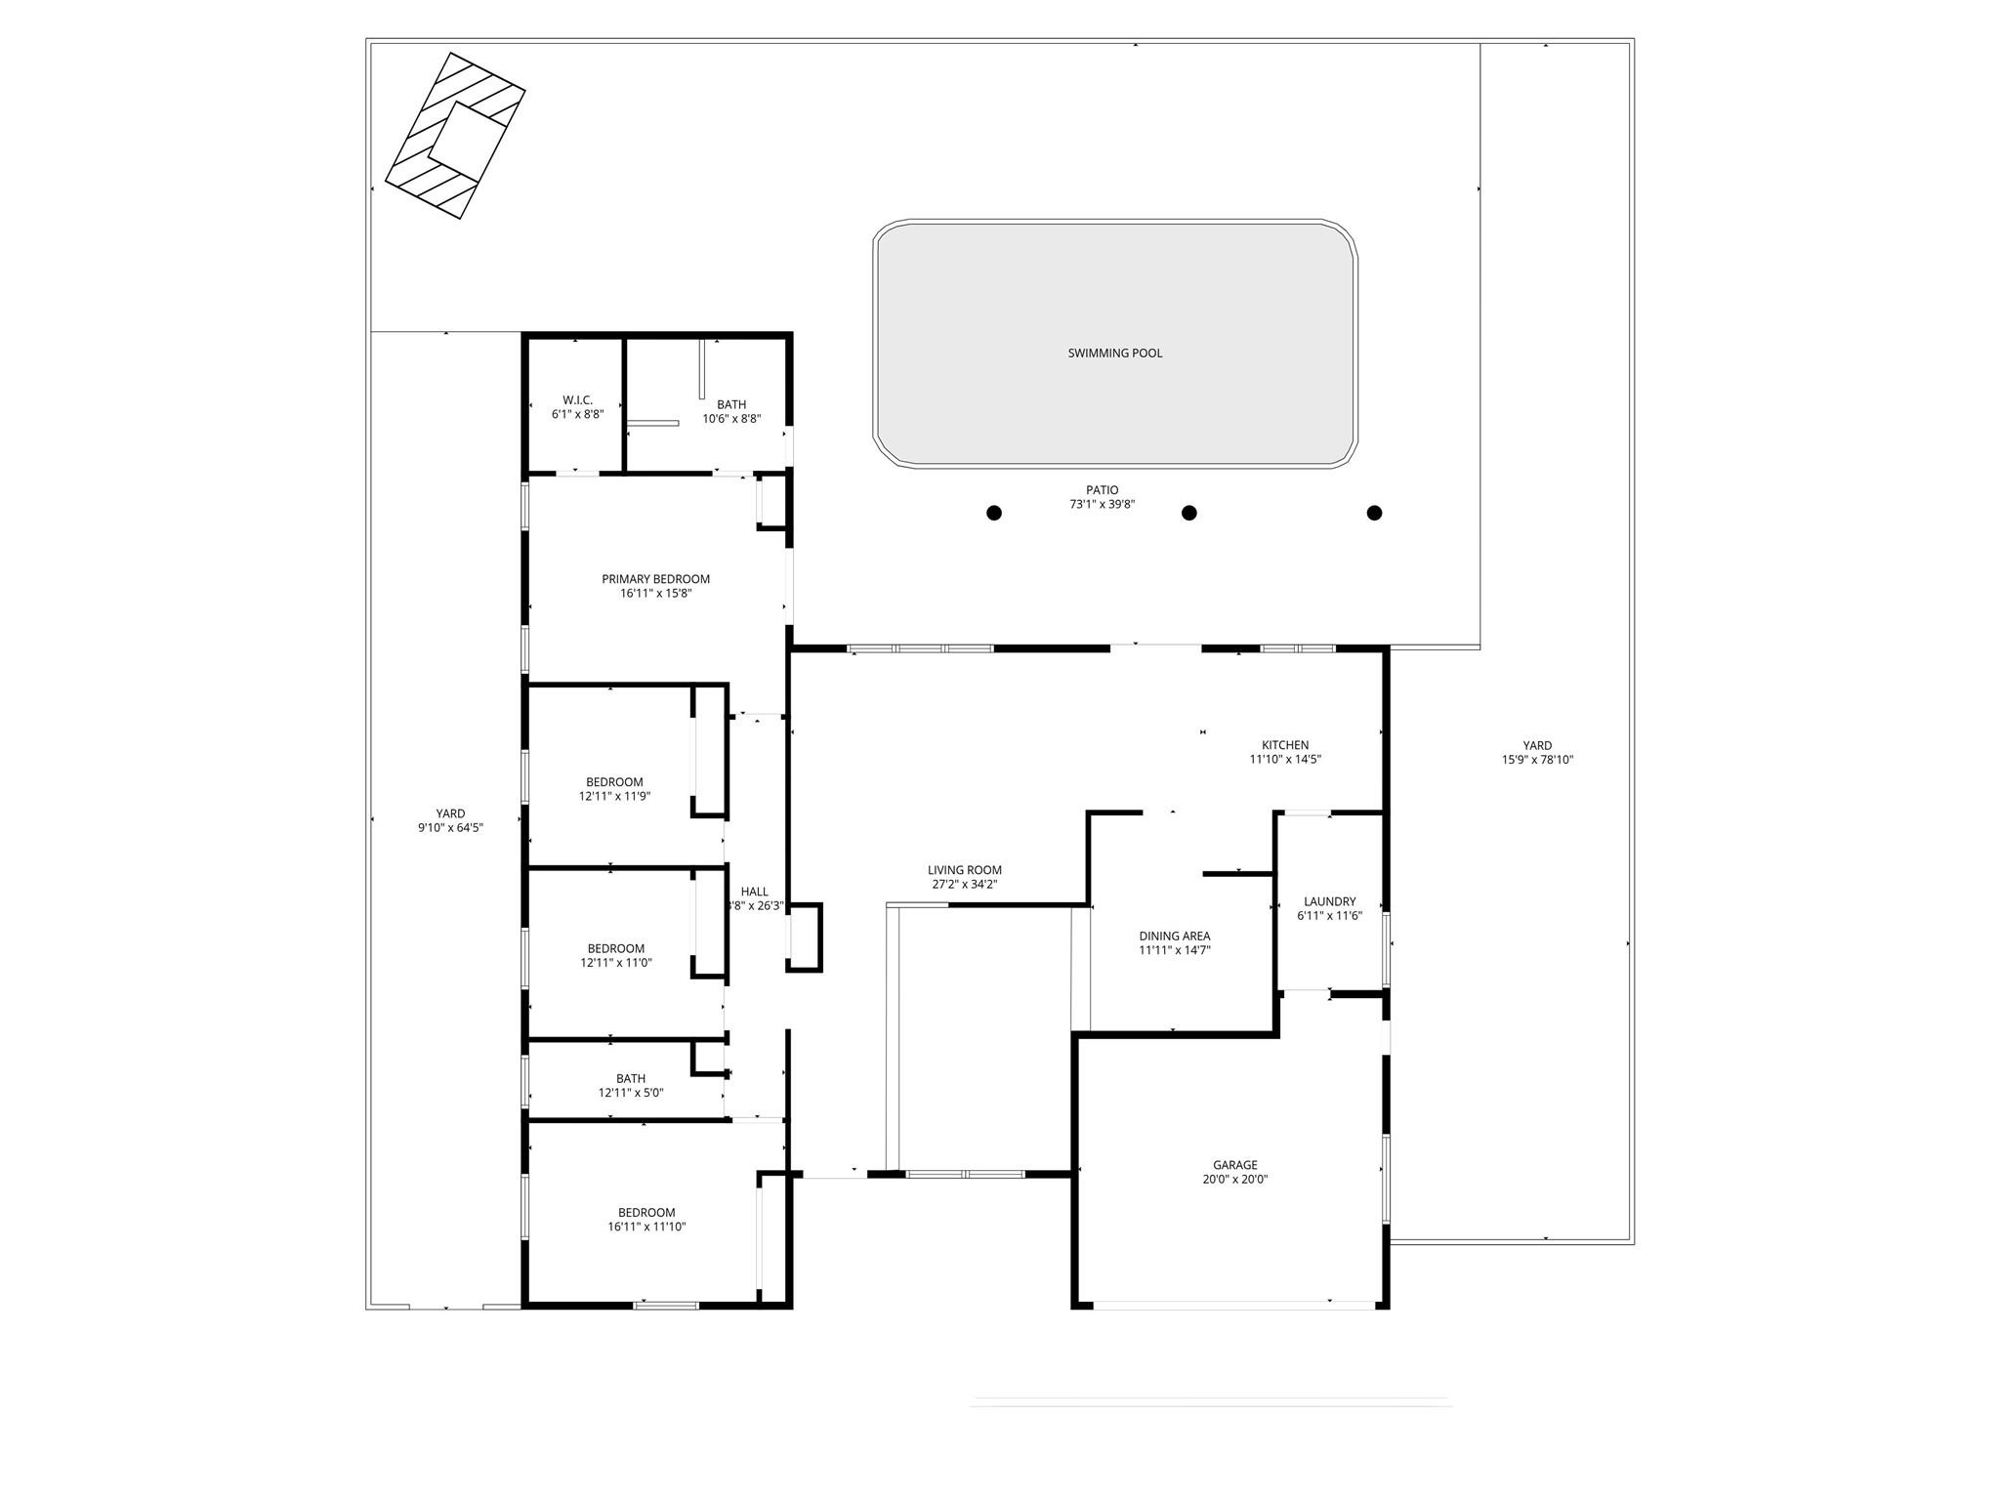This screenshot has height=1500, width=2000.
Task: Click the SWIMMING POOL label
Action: pos(1114,354)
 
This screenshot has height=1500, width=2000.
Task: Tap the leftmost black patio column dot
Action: pos(993,513)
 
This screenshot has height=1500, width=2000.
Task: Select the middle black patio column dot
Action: pos(1188,513)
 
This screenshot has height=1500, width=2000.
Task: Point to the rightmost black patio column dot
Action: pos(1374,513)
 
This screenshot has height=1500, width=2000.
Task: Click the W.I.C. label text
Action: pos(577,400)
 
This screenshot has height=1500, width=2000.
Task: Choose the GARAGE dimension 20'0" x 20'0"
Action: pos(1234,1179)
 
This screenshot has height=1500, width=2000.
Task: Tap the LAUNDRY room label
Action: pos(1329,901)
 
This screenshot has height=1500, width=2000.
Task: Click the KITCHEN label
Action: pos(1284,745)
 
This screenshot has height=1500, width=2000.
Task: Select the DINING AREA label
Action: pos(1174,936)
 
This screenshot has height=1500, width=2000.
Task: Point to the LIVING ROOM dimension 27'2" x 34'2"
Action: pos(964,885)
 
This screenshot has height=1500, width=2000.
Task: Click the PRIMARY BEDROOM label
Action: pos(655,579)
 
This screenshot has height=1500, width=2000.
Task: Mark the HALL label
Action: pos(754,892)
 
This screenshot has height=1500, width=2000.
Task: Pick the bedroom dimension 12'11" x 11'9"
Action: pos(614,796)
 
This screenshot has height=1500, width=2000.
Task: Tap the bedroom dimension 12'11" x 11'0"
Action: pos(615,963)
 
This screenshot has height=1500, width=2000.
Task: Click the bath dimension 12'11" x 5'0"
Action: pos(630,1093)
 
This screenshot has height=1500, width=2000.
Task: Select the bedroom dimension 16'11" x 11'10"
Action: pos(646,1227)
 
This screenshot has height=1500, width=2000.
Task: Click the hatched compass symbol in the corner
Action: pos(455,135)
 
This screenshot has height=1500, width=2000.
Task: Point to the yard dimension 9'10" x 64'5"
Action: pos(450,828)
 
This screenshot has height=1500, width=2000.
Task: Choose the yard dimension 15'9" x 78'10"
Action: pos(1537,760)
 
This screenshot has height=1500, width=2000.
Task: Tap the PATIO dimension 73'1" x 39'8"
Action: pos(1102,505)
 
